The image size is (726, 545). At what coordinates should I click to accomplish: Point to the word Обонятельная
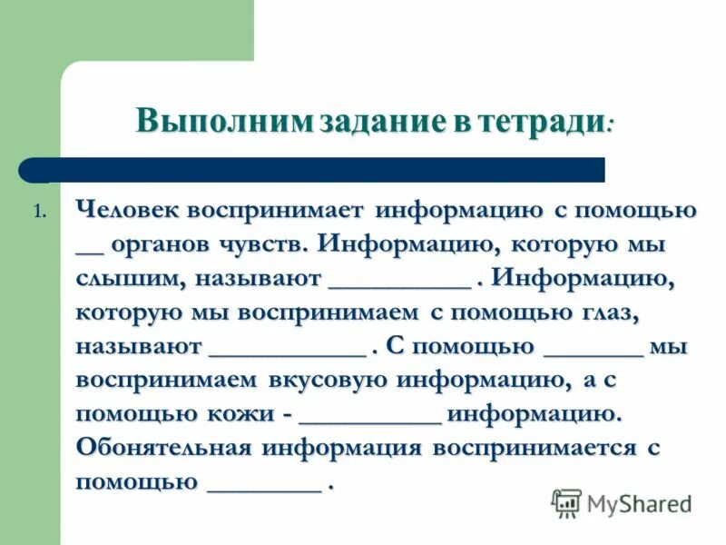coord(163,448)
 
